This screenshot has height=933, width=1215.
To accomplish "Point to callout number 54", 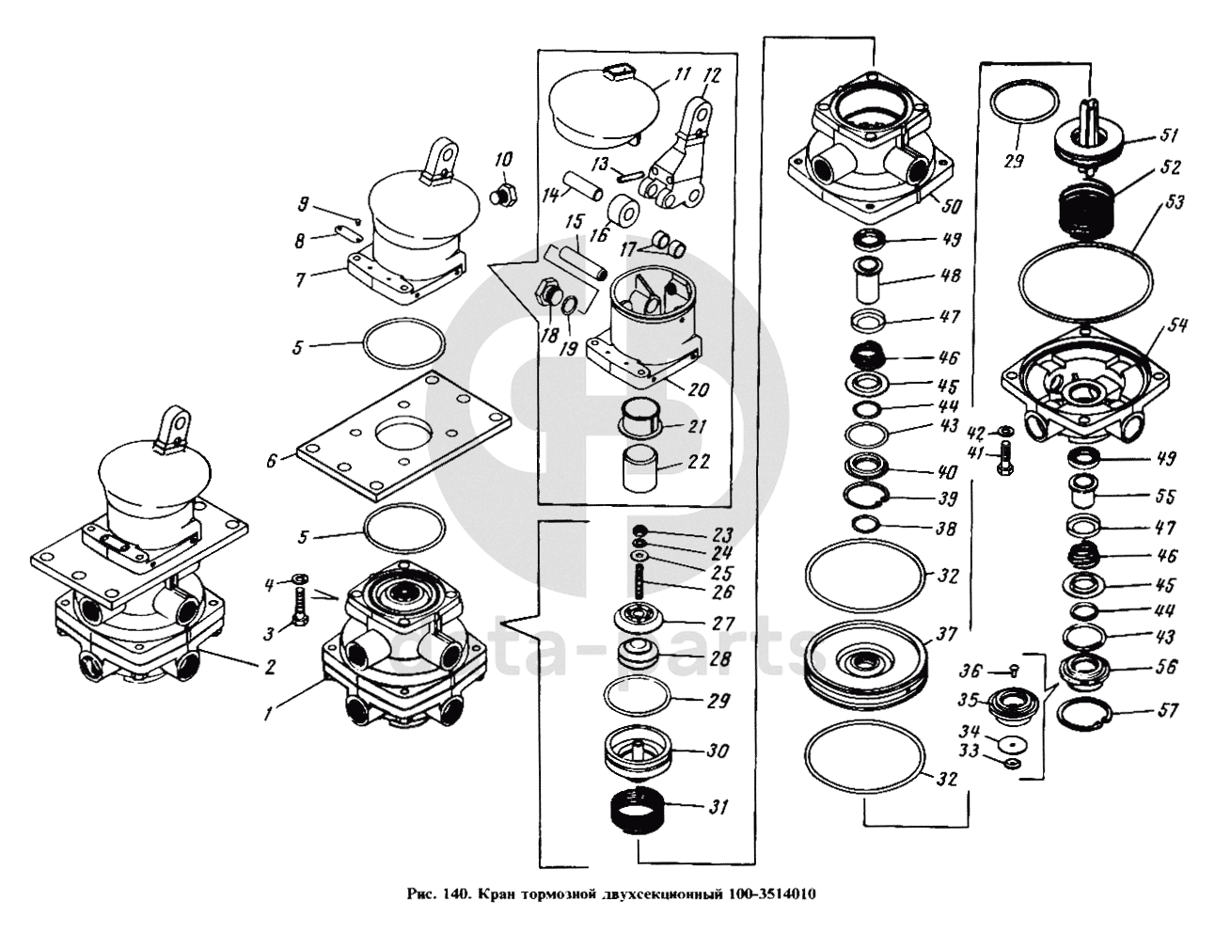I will pyautogui.click(x=1176, y=326).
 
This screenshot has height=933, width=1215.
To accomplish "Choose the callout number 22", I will pyautogui.click(x=698, y=462).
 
